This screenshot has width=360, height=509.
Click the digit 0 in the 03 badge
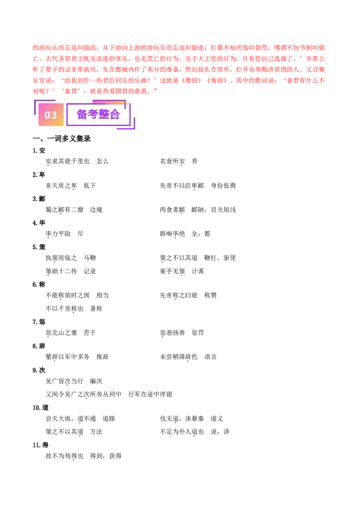48,115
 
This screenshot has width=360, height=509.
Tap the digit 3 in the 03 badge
54,115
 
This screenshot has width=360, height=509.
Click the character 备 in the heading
82,114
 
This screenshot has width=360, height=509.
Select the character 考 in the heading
93,114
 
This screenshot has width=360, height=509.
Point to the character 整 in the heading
104,114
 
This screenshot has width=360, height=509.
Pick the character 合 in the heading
115,114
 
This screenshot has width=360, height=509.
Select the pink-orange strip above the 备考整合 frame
110,103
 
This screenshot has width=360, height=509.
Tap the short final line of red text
94,91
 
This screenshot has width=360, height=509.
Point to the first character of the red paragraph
35,47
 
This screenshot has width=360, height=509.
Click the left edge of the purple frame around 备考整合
67,115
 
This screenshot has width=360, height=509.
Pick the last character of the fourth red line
323,80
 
